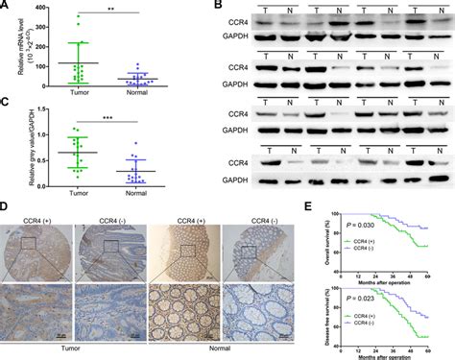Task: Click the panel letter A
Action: click(6, 8)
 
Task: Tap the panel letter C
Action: click(6, 102)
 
